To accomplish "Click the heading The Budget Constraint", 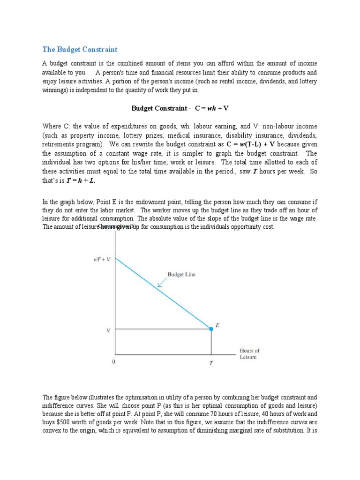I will click(80, 49).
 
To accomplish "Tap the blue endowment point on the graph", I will click(211, 329).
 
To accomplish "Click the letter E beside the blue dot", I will click(217, 324).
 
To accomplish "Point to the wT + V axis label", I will click(102, 259).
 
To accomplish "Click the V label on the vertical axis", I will click(109, 330).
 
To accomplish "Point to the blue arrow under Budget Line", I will click(162, 283).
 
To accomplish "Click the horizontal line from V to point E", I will click(162, 329).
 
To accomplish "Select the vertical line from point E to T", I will click(211, 342).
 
